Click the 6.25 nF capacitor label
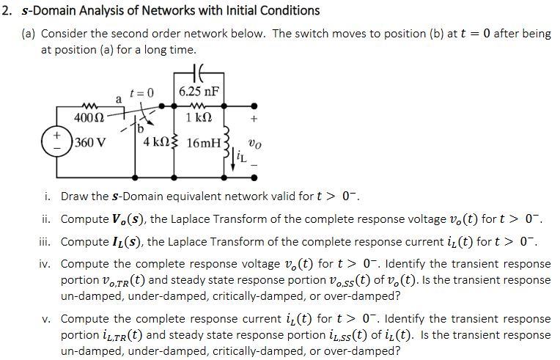[200, 92]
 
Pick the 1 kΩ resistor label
[199, 119]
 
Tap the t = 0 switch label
[141, 92]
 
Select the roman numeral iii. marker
[47, 241]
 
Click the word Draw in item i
[75, 196]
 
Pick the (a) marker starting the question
[28, 34]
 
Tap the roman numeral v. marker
[48, 318]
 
